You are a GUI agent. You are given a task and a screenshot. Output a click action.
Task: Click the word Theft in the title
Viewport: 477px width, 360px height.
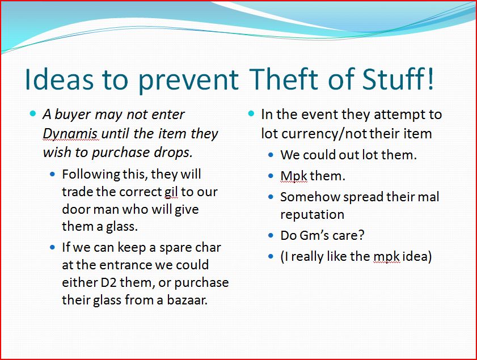(x=283, y=79)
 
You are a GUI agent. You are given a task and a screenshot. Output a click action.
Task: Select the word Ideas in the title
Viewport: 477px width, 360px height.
(x=60, y=79)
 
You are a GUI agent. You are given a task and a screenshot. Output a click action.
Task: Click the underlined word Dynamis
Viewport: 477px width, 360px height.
(x=70, y=134)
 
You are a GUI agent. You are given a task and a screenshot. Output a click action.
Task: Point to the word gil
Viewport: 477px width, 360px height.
(x=171, y=192)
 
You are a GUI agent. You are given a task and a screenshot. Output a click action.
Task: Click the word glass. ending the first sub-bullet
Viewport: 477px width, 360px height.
(x=122, y=227)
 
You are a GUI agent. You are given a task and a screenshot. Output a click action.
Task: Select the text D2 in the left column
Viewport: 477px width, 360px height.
(x=108, y=282)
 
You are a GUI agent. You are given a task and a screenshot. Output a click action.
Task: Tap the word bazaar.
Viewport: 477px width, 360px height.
(x=187, y=300)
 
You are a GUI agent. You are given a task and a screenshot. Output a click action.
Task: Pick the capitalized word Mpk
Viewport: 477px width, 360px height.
(x=294, y=176)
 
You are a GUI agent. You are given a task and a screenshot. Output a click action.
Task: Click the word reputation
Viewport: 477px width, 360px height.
(x=312, y=215)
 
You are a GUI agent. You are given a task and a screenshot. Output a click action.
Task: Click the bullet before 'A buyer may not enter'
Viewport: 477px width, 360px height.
(x=33, y=114)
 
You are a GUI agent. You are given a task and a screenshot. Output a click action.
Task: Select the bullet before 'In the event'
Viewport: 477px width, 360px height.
(x=251, y=114)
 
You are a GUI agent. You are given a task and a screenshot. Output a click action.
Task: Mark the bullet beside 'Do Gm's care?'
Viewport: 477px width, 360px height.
(x=271, y=235)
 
